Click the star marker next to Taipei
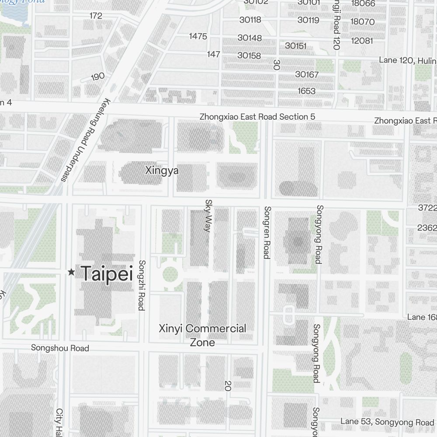[71, 272]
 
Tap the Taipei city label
[107, 274]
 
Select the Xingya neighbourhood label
[162, 170]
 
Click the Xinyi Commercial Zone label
[203, 335]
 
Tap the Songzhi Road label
[141, 285]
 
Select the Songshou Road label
[60, 348]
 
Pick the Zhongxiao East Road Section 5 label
[257, 117]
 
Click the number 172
[96, 16]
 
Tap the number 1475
[198, 36]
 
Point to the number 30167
[307, 75]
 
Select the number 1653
[306, 91]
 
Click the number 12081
[362, 41]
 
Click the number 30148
[250, 38]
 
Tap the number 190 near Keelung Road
[98, 76]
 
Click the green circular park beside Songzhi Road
[170, 275]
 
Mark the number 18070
[362, 22]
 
